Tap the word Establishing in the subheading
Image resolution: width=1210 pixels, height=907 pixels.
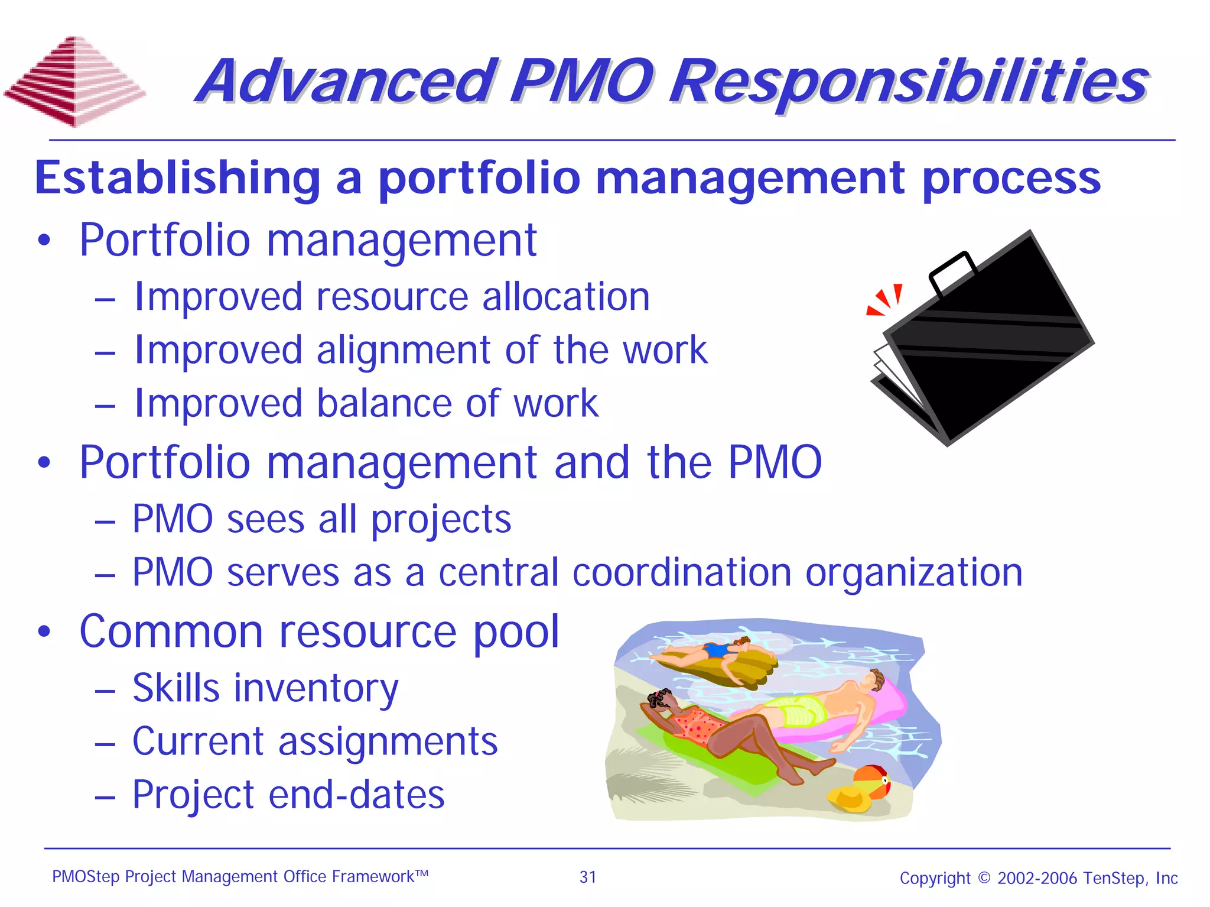[x=177, y=178]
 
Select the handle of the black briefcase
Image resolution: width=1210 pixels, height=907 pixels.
[x=952, y=271]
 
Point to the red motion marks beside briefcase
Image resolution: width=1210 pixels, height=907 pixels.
[x=885, y=299]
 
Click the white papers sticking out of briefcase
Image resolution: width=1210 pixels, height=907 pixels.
[x=895, y=372]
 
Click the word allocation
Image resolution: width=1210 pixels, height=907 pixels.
[x=565, y=297]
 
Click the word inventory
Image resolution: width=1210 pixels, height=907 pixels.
[x=315, y=689]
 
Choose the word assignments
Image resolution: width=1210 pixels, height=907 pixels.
[x=388, y=742]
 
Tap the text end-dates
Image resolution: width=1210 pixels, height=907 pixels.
[x=356, y=795]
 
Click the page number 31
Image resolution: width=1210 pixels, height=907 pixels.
[x=588, y=877]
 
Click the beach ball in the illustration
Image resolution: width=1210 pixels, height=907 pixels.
[x=873, y=780]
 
